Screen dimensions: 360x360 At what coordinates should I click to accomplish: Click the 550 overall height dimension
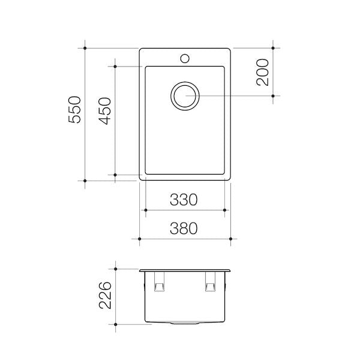[x=74, y=110]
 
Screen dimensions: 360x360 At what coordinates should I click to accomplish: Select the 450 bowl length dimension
[x=104, y=110]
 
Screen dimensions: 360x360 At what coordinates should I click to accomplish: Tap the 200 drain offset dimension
[x=262, y=72]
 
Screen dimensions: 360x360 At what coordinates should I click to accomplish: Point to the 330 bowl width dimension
[x=183, y=200]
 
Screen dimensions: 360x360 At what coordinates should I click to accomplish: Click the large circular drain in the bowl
[x=184, y=95]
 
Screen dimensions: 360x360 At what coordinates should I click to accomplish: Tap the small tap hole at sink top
[x=185, y=59]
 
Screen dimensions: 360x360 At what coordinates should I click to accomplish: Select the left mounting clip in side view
[x=160, y=283]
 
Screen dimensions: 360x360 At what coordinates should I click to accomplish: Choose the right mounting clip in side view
[x=210, y=283]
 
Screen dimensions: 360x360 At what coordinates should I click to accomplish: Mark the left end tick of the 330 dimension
[x=145, y=210]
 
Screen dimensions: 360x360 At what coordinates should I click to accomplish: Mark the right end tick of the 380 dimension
[x=231, y=239]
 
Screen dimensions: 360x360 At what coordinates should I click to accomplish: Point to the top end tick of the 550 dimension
[x=86, y=48]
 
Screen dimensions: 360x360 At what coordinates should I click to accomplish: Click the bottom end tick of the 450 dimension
[x=115, y=175]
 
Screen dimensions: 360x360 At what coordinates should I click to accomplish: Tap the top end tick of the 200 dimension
[x=273, y=48]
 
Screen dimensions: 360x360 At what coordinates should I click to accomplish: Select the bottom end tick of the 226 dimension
[x=115, y=324]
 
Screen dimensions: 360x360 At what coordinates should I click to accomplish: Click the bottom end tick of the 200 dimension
[x=273, y=95]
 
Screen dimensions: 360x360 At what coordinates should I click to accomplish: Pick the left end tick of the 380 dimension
[x=139, y=239]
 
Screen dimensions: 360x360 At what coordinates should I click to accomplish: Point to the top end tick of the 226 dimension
[x=115, y=270]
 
